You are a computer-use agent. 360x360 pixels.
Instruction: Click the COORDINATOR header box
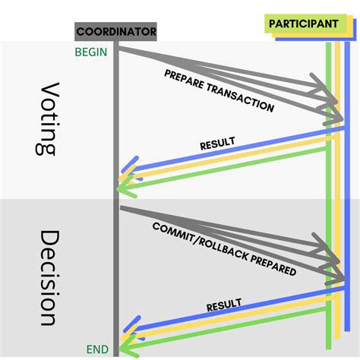(x=115, y=32)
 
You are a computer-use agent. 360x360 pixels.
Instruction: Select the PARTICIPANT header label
(x=303, y=24)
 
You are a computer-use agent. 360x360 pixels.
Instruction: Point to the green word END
(x=96, y=349)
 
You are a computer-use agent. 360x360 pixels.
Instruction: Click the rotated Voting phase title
(x=47, y=119)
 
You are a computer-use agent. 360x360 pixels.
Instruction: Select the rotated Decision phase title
(x=47, y=277)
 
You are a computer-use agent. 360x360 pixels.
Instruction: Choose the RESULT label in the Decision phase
(x=223, y=305)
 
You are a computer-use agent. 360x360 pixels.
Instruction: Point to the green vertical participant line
(x=327, y=205)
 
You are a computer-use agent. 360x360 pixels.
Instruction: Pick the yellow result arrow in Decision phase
(x=228, y=320)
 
